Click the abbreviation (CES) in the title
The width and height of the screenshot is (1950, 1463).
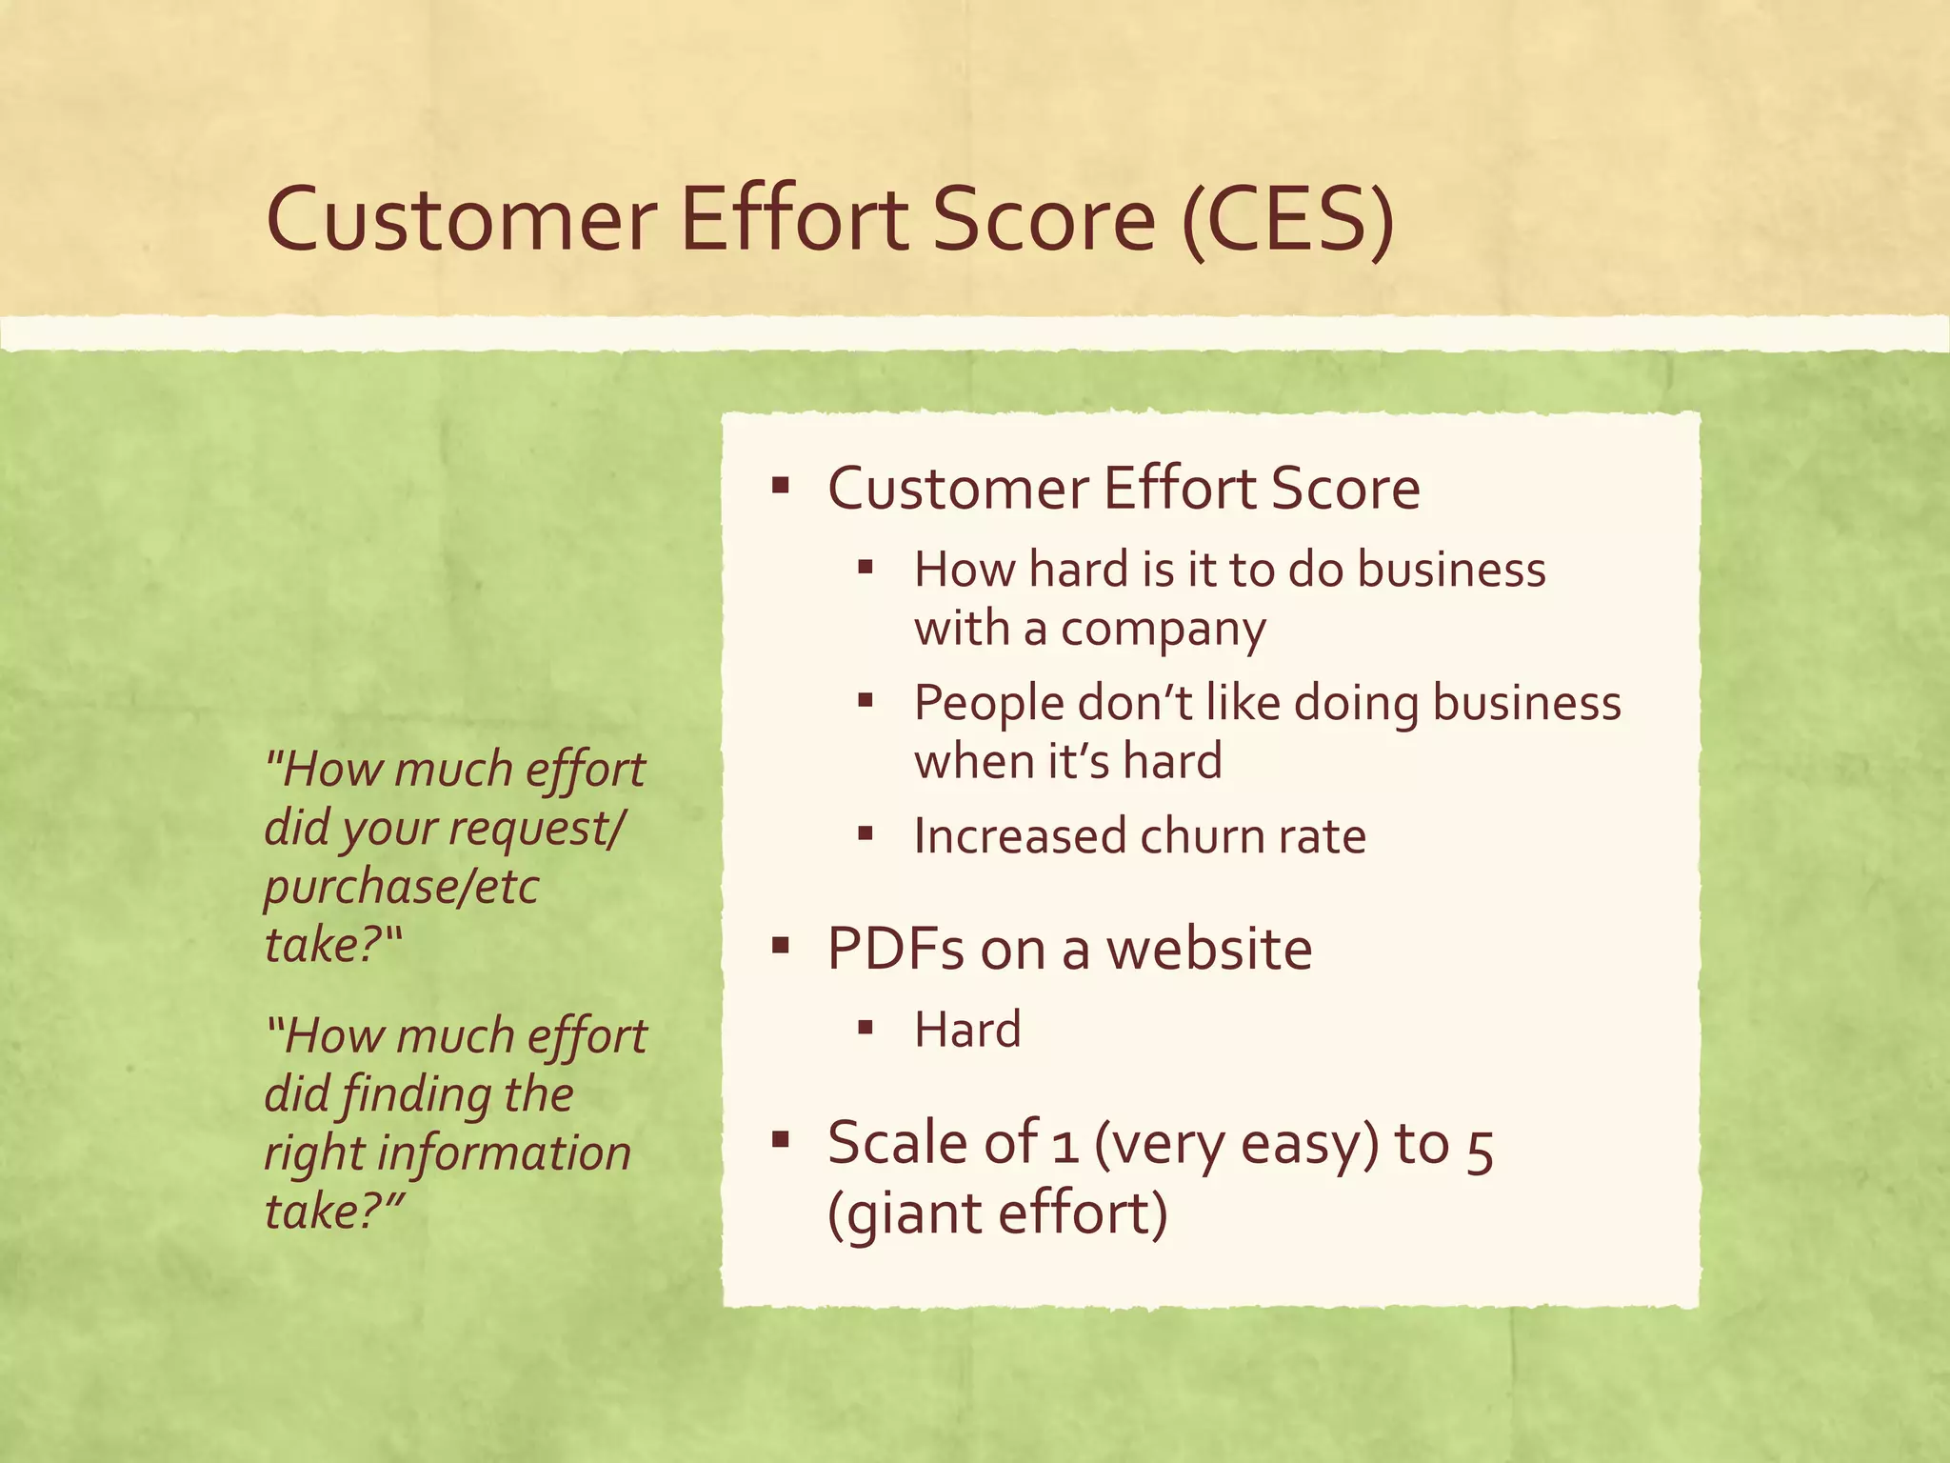pyautogui.click(x=1287, y=221)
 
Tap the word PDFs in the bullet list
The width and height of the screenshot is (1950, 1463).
pyautogui.click(x=896, y=950)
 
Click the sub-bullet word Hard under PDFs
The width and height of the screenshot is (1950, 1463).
pyautogui.click(x=967, y=1030)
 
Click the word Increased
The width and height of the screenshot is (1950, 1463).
pyautogui.click(x=1020, y=836)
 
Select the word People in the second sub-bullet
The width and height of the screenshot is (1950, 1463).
pyautogui.click(x=988, y=704)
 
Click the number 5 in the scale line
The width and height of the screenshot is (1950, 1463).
pyautogui.click(x=1479, y=1147)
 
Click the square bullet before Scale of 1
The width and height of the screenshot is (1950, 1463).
pyautogui.click(x=781, y=1139)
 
